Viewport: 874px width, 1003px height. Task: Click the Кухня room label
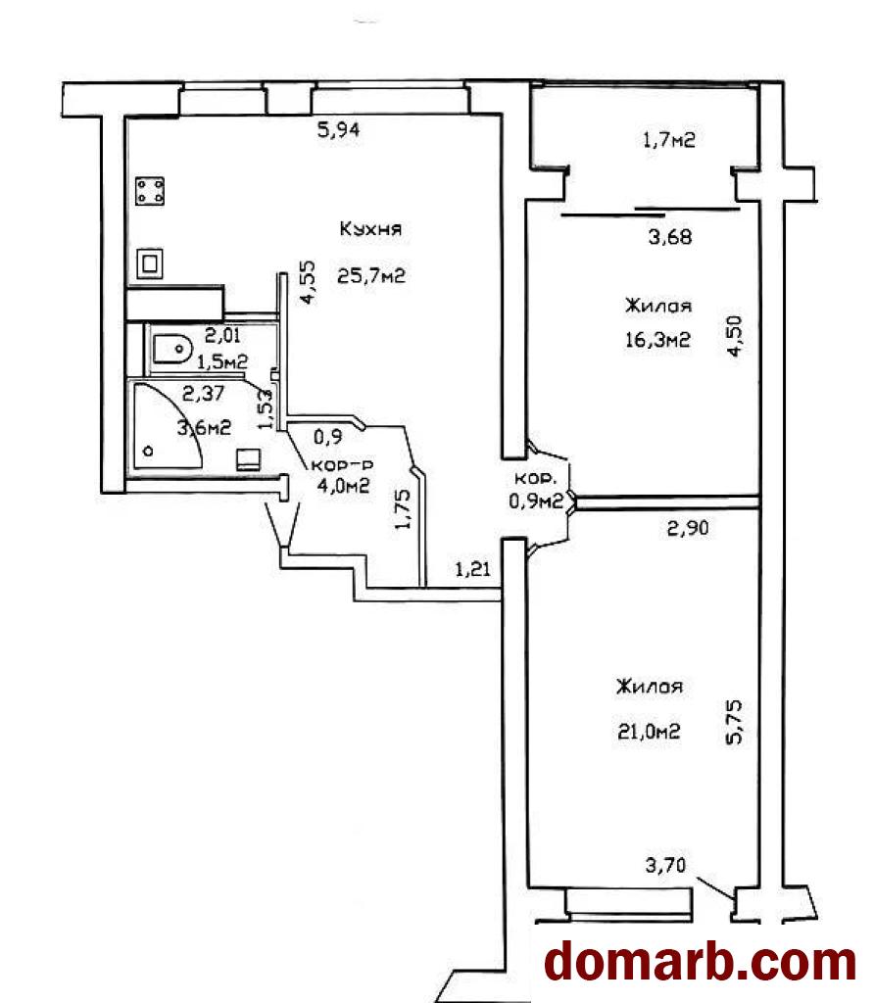point(370,229)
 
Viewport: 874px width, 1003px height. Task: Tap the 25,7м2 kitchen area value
point(371,276)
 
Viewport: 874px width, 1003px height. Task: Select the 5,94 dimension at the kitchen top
point(339,130)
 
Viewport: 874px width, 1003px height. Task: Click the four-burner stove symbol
point(150,191)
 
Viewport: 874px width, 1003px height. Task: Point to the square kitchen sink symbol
point(150,263)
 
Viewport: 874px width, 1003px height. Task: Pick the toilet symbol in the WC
point(172,350)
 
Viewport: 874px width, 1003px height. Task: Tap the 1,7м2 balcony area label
point(668,139)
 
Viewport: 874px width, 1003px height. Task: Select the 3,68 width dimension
point(670,237)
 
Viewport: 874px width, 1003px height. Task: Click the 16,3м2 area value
point(657,339)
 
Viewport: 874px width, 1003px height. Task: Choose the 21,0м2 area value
point(648,731)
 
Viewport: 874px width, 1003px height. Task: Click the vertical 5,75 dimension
point(734,722)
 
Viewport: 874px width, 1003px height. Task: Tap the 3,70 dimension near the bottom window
point(665,866)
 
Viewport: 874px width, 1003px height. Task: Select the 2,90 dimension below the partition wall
point(688,528)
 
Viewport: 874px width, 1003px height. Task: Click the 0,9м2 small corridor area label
point(536,501)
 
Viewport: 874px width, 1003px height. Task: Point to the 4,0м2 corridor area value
point(344,486)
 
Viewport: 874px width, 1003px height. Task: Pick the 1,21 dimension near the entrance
point(473,568)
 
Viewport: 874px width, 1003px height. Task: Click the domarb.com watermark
point(700,962)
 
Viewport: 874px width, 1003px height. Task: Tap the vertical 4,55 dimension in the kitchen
point(308,282)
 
